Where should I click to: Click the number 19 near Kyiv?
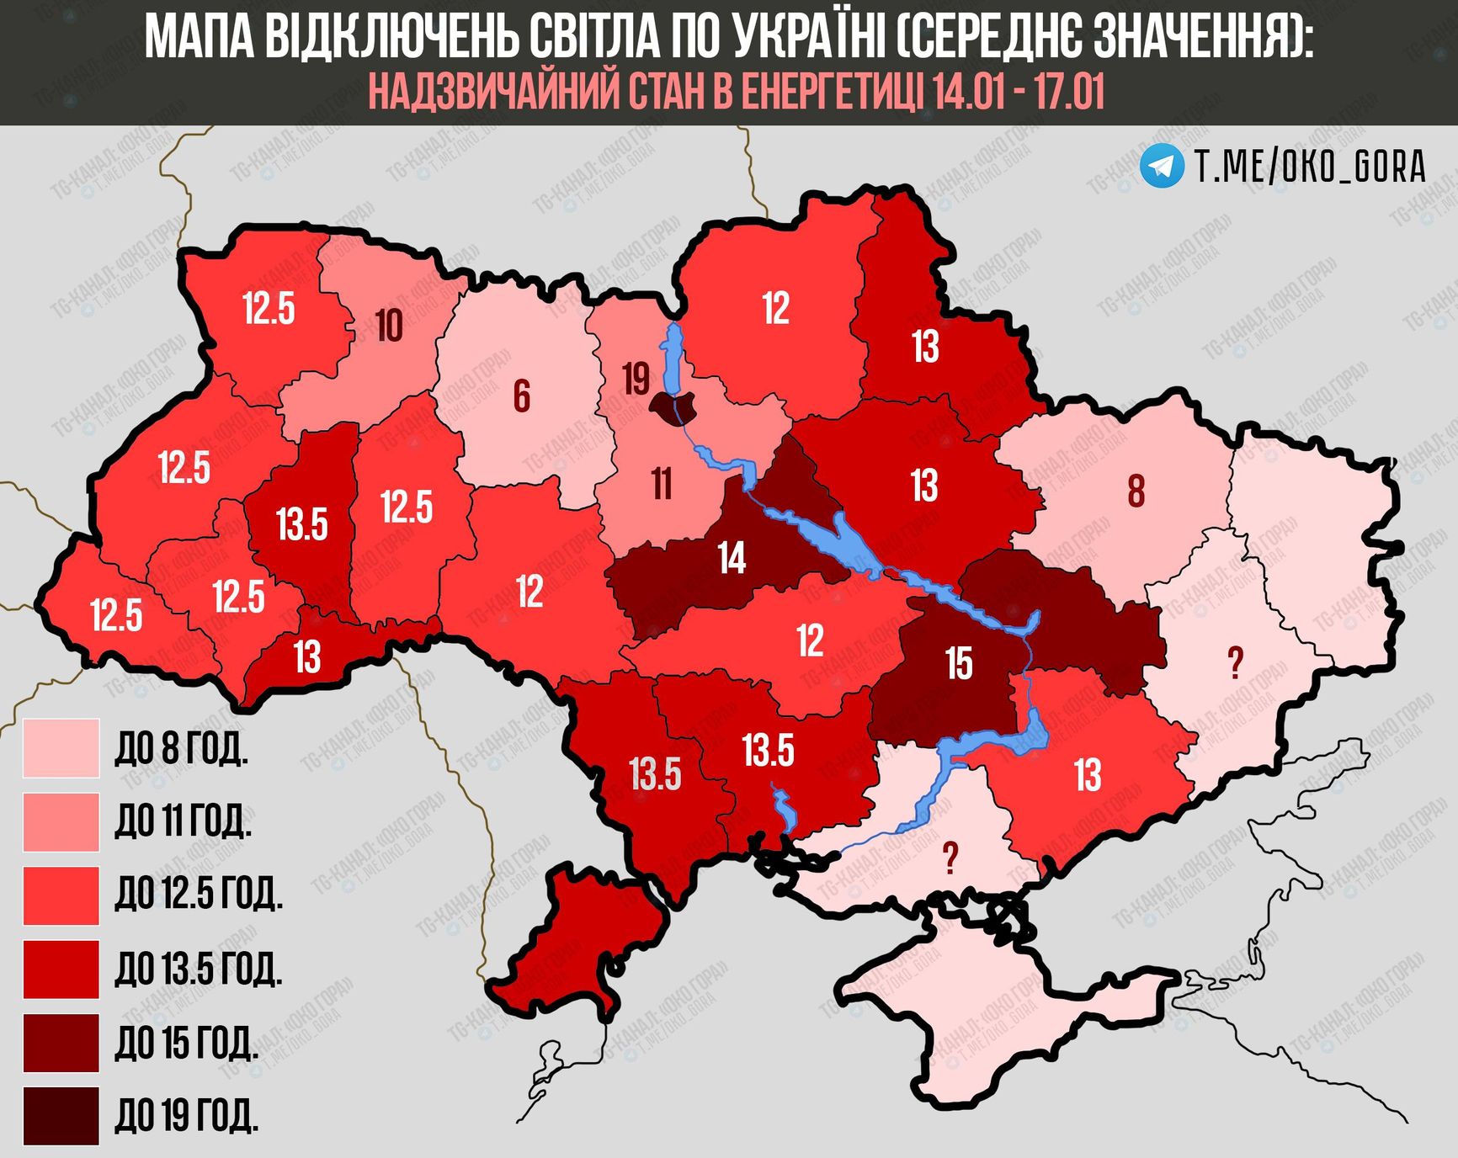point(636,379)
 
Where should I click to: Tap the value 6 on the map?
point(522,396)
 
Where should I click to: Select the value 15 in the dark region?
point(959,663)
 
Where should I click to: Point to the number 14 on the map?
point(732,558)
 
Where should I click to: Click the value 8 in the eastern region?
point(1136,491)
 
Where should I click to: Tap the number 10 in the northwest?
point(388,327)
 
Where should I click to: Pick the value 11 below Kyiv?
point(662,484)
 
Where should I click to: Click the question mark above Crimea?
point(950,858)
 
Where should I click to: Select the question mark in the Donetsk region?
point(1235,664)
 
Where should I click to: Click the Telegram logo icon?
point(1162,166)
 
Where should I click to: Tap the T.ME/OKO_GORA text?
point(1310,167)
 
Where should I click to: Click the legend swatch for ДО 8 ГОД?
point(61,747)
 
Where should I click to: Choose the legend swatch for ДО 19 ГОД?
point(61,1116)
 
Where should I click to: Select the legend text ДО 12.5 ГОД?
point(199,895)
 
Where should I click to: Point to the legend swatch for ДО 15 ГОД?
point(61,1043)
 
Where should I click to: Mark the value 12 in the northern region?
point(775,309)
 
